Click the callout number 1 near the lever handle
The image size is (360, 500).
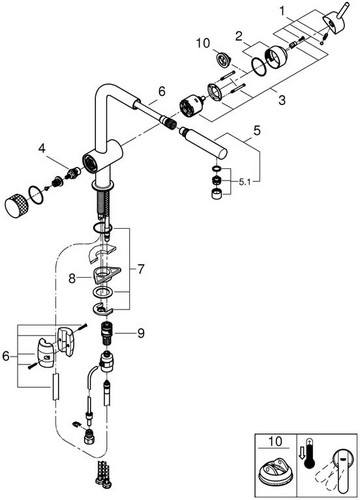coord(283,12)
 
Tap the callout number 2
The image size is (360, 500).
coord(239,36)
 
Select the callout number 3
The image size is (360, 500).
coord(282,99)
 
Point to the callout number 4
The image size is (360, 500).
coord(42,148)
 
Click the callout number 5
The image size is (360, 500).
coord(257,131)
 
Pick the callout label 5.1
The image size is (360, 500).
coord(245,182)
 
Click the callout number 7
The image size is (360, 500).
coord(141,269)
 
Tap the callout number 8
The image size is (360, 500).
coord(72,278)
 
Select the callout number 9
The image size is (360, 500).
coord(141,333)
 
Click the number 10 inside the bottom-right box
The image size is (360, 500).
coord(275,442)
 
